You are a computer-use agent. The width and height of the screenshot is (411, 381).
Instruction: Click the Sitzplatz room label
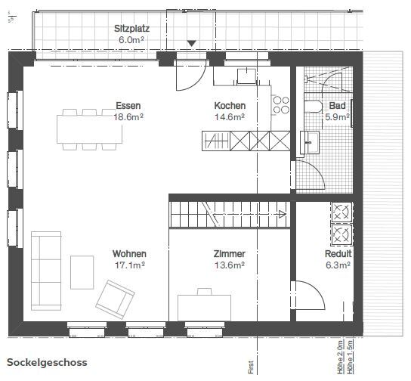click(132, 29)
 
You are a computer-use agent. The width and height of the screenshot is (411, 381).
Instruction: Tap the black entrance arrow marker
click(192, 43)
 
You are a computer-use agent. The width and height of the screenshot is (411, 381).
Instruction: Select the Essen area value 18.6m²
click(128, 117)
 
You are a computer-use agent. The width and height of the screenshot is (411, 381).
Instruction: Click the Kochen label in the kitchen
click(230, 106)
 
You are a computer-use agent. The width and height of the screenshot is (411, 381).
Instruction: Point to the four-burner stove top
click(281, 105)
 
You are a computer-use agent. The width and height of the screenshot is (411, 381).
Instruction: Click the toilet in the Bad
click(313, 106)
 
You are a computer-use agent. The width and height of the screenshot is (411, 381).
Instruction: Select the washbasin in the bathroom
click(310, 142)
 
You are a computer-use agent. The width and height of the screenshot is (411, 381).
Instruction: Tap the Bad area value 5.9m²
click(338, 117)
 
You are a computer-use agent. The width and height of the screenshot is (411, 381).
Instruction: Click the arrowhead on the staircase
click(283, 214)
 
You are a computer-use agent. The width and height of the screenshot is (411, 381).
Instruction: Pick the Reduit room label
click(338, 253)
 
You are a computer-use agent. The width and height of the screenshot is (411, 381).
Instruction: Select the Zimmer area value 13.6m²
click(230, 265)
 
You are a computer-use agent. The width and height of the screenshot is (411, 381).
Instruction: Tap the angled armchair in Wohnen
click(116, 299)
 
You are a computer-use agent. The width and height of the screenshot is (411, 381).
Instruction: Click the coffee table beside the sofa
click(82, 272)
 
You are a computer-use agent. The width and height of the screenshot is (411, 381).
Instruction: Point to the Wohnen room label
click(129, 253)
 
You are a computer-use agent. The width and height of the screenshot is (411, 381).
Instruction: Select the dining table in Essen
click(90, 129)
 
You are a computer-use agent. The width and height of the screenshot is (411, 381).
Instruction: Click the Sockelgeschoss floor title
click(47, 362)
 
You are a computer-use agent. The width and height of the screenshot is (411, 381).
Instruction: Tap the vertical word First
click(251, 367)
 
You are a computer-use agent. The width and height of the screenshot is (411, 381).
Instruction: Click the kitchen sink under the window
click(246, 76)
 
